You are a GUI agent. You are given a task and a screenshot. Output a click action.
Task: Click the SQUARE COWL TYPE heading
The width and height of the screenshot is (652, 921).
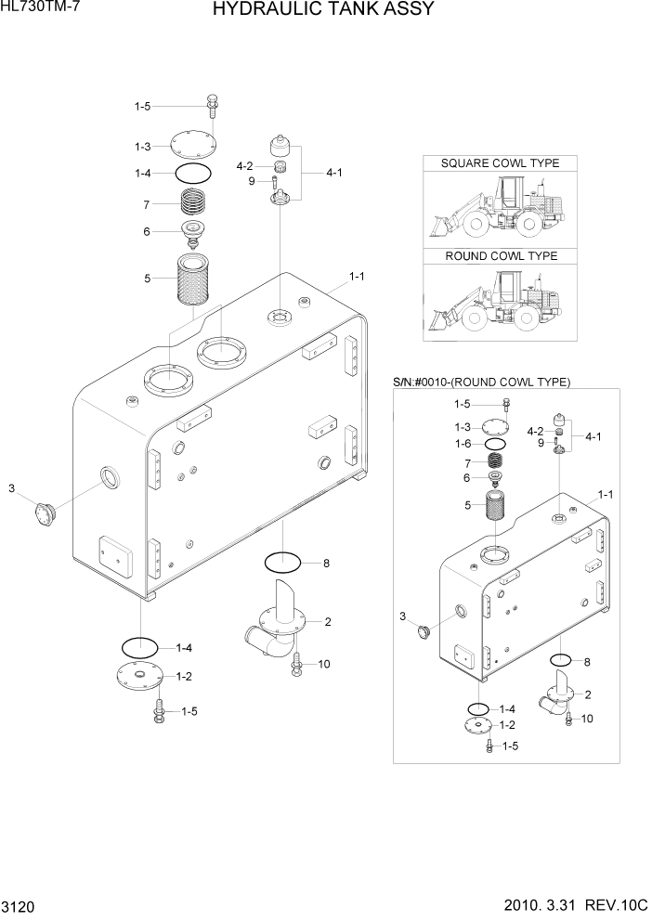[500, 163]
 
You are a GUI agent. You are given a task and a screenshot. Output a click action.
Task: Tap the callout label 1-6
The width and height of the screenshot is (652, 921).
[463, 444]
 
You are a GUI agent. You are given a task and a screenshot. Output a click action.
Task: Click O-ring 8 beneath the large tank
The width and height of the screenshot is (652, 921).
[282, 563]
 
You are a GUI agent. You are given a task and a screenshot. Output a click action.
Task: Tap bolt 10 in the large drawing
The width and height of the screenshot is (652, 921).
[295, 664]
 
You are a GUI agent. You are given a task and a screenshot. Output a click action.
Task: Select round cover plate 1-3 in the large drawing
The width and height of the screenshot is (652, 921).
[193, 146]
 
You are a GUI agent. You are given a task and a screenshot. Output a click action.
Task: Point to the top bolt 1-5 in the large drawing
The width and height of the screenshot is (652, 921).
[213, 105]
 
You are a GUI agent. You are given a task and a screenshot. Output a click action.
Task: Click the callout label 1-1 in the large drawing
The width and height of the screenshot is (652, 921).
[357, 276]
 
